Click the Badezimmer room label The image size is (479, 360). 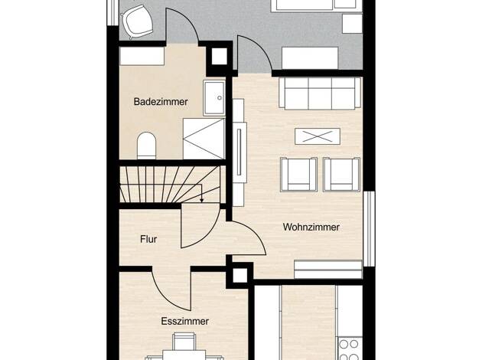coord(161,102)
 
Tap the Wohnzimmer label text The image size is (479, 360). coord(311,227)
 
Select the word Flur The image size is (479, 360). coord(148,239)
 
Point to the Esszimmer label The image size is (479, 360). coord(185,321)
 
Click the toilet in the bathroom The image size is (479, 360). coord(147,146)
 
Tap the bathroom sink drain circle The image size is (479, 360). coord(220,98)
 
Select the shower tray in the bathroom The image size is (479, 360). coord(204,139)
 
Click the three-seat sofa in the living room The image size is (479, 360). coord(320,93)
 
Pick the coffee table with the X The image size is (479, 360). coord(318,136)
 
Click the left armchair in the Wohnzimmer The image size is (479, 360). coord(298,175)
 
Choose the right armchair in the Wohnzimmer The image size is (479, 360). coord(341,175)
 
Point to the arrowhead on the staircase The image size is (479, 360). coord(201,201)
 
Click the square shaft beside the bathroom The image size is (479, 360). coord(220,57)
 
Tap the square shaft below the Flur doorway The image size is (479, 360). coord(239,275)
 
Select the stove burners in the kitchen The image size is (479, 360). coord(349,349)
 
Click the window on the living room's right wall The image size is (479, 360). coord(370,229)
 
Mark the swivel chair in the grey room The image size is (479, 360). coord(136,21)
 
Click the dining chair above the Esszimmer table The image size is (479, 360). coord(184,342)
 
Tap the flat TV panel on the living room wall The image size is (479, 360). coord(239,152)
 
